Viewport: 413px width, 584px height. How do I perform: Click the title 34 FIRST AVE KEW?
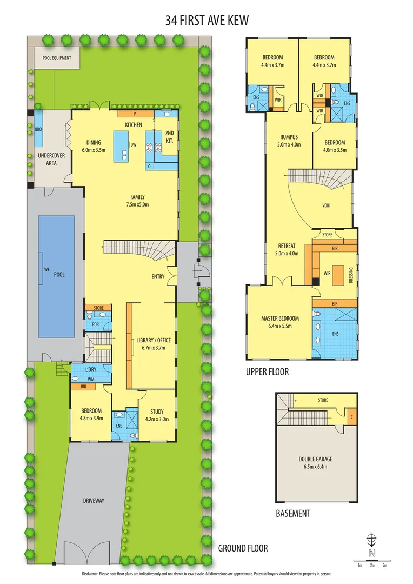pyautogui.click(x=206, y=21)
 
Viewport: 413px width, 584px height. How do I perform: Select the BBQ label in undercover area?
pyautogui.click(x=38, y=130)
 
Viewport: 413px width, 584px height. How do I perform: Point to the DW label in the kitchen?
pyautogui.click(x=133, y=144)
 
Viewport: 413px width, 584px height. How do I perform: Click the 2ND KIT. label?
pyautogui.click(x=169, y=136)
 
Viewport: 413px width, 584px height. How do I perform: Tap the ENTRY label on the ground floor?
pyautogui.click(x=158, y=277)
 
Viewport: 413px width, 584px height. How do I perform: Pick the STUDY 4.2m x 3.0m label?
pyautogui.click(x=157, y=415)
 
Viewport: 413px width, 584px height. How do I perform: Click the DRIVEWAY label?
pyautogui.click(x=94, y=501)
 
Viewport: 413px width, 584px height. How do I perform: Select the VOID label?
pyautogui.click(x=326, y=205)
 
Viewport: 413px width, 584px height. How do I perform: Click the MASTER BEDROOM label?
pyautogui.click(x=276, y=322)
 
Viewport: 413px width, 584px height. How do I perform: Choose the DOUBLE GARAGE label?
pyautogui.click(x=315, y=463)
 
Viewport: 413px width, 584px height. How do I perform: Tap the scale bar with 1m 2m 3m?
pyautogui.click(x=372, y=560)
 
